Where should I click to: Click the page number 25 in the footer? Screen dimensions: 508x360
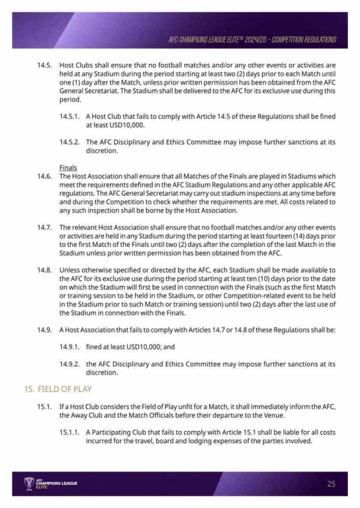(x=331, y=483)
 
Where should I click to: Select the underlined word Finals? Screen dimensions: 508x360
(x=68, y=168)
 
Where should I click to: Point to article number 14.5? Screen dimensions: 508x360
(x=44, y=66)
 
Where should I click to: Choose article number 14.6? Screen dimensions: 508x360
(x=44, y=176)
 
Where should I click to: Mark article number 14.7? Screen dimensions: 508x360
(x=44, y=228)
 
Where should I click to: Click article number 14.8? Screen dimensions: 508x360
(x=44, y=270)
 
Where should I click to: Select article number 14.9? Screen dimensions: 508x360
(x=44, y=329)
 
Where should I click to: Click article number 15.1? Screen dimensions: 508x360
(x=44, y=407)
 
